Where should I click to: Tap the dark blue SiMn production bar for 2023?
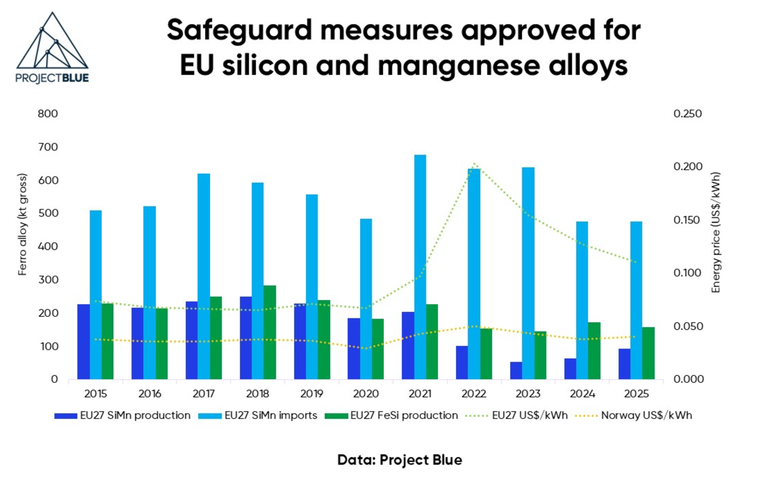(x=516, y=371)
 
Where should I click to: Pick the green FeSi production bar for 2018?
(x=269, y=332)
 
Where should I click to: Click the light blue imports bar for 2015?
(x=96, y=295)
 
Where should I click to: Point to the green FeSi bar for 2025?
(x=648, y=353)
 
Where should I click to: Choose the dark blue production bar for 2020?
(x=354, y=349)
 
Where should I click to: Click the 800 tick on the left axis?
(x=48, y=114)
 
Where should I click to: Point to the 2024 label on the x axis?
(x=582, y=394)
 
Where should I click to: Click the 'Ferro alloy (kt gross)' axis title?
(x=22, y=224)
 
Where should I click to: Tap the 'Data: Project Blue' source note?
(x=399, y=460)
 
